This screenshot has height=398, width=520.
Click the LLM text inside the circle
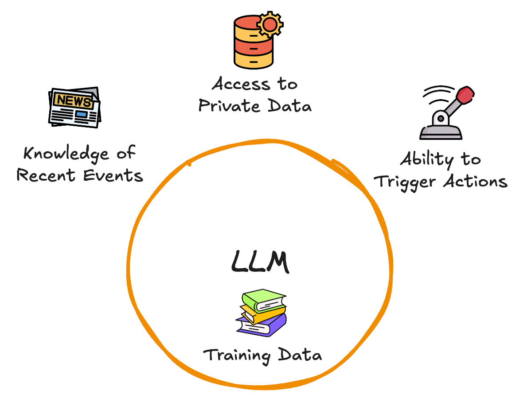pyautogui.click(x=260, y=262)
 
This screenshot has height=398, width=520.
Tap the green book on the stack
pyautogui.click(x=262, y=300)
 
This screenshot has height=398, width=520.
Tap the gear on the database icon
pyautogui.click(x=270, y=25)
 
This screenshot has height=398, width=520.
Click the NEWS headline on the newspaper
pyautogui.click(x=73, y=100)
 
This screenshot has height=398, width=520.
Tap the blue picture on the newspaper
pyautogui.click(x=81, y=114)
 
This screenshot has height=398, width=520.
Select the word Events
pyautogui.click(x=114, y=176)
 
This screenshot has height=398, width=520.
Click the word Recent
pyautogui.click(x=46, y=176)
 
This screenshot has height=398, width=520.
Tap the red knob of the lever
pyautogui.click(x=465, y=95)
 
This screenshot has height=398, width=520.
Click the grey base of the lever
pyautogui.click(x=441, y=132)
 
